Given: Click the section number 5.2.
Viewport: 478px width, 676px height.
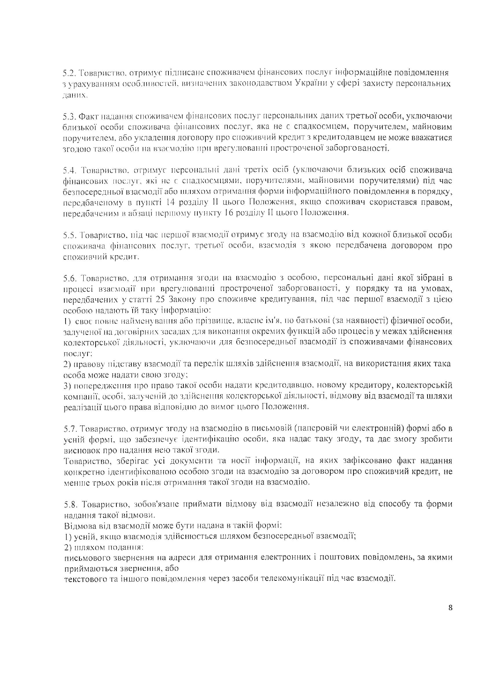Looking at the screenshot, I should click(69, 72).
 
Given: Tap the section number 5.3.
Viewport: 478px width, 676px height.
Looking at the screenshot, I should click(69, 116).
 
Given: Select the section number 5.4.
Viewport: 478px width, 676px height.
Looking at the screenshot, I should click(69, 170).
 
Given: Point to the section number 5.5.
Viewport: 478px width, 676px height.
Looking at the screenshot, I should click(69, 235).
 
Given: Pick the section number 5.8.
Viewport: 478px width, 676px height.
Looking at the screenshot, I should click(69, 504).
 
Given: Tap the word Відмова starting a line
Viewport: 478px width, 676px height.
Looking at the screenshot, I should click(76, 526).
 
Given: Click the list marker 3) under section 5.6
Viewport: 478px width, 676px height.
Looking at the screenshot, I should click(66, 385).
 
